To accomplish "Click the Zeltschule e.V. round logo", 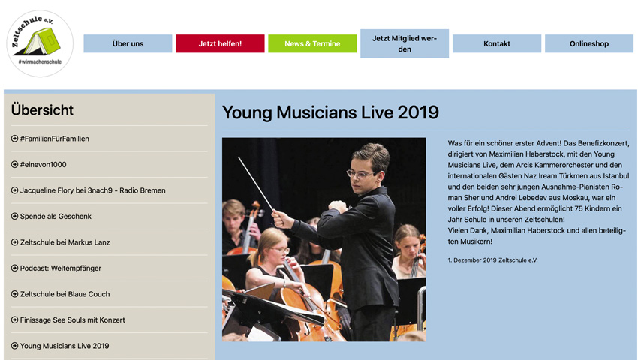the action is click(x=40, y=43).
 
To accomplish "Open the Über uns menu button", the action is click(x=128, y=43).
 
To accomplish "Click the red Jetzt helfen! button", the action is click(x=220, y=43).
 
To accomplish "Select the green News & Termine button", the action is click(x=312, y=43).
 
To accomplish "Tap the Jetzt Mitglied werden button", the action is click(x=405, y=43).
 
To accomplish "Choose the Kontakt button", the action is click(x=497, y=43).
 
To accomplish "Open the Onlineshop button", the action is click(x=589, y=43).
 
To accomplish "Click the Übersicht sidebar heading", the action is click(x=42, y=109).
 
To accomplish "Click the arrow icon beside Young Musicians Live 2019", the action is click(x=15, y=346).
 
